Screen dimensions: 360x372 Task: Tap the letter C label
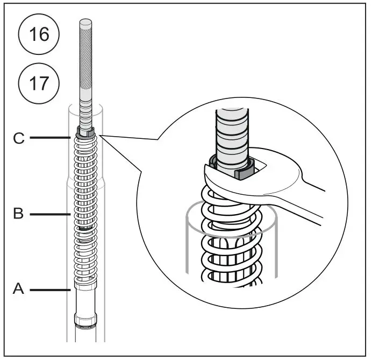pos(19,138)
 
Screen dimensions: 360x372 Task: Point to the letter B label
pos(19,214)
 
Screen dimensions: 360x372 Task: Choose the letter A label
pos(19,290)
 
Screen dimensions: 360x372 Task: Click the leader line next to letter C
pos(51,138)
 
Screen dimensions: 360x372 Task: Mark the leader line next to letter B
pos(51,214)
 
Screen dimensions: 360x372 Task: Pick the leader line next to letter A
pos(51,290)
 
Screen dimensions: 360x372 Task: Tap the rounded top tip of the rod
pos(85,22)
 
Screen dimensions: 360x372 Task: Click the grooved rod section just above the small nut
pos(85,116)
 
